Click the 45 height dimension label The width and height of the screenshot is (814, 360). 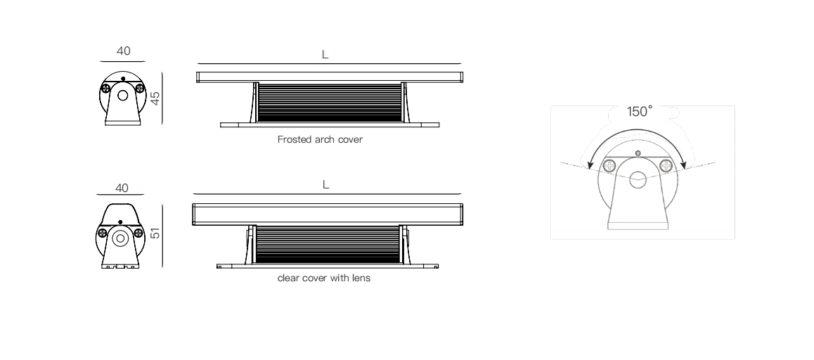(155, 98)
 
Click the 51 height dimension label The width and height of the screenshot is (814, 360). (155, 233)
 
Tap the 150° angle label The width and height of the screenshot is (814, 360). (639, 111)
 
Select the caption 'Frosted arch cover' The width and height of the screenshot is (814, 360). (320, 139)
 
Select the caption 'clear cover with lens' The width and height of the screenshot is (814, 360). (324, 278)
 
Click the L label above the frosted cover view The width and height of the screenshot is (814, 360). (325, 55)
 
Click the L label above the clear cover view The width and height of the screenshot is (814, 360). (325, 184)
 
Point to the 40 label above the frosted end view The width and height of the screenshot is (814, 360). (124, 51)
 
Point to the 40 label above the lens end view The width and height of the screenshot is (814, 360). (122, 188)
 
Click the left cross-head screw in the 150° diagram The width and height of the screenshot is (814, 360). (609, 166)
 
